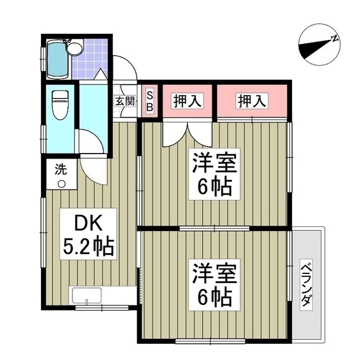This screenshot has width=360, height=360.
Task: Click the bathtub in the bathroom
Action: coord(57,60)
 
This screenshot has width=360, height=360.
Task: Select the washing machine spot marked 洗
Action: coord(61,175)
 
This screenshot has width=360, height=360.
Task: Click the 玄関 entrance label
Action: coord(125,102)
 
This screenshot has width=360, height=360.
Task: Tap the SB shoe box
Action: coord(150,101)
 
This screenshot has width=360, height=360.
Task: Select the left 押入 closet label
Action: coord(187,102)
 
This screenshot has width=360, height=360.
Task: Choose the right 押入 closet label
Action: coord(252,102)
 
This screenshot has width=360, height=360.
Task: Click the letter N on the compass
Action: coord(334,39)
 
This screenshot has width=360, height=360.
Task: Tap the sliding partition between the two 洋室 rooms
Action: coord(214,228)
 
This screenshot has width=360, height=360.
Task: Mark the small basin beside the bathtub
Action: coord(75,48)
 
